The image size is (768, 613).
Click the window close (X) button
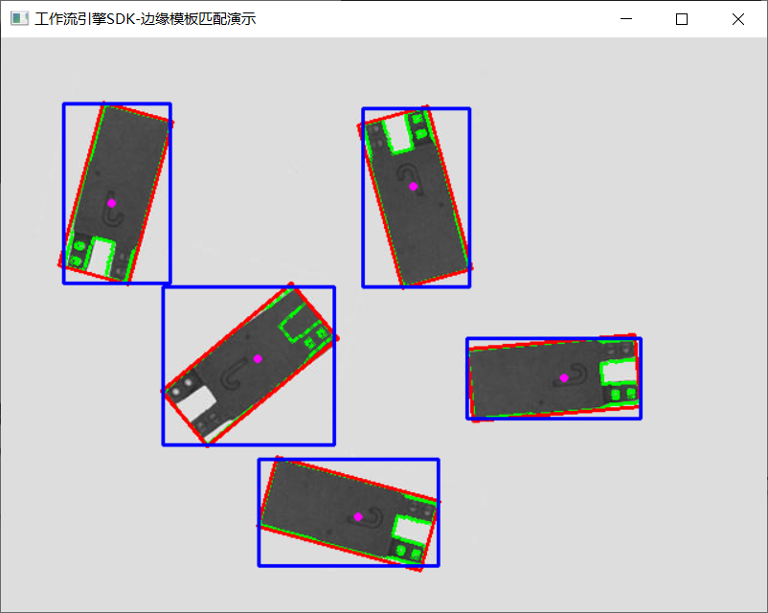[737, 19]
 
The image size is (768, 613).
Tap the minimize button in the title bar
[626, 19]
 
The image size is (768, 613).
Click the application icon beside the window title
[19, 18]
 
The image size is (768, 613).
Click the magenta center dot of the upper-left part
[112, 203]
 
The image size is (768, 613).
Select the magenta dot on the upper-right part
[413, 186]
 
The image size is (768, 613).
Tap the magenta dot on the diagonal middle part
[258, 358]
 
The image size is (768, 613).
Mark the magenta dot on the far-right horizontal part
[564, 377]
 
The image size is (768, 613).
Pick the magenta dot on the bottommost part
[358, 516]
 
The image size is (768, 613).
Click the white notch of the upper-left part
[100, 258]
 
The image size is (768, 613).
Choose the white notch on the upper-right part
[398, 132]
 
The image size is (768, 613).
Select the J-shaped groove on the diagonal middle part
[234, 375]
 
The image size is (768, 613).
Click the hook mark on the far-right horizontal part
[572, 374]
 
